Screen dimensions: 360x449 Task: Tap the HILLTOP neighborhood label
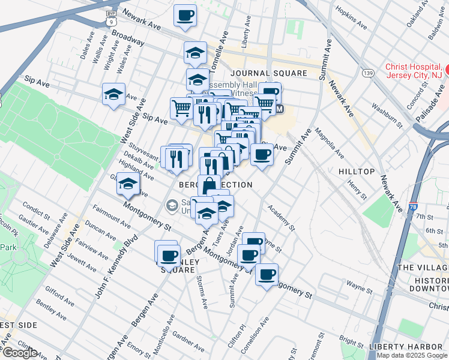point(357,172)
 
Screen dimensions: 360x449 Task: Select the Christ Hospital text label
point(414,71)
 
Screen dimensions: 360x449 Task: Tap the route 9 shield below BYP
point(110,22)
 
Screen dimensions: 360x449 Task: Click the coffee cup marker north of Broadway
point(185,16)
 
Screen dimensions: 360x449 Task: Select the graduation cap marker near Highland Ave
point(128,184)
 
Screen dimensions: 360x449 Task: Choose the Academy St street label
point(282,217)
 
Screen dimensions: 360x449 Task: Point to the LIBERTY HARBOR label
point(406,347)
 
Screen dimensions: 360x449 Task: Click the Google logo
point(19,353)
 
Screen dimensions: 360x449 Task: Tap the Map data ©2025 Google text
point(411,355)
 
